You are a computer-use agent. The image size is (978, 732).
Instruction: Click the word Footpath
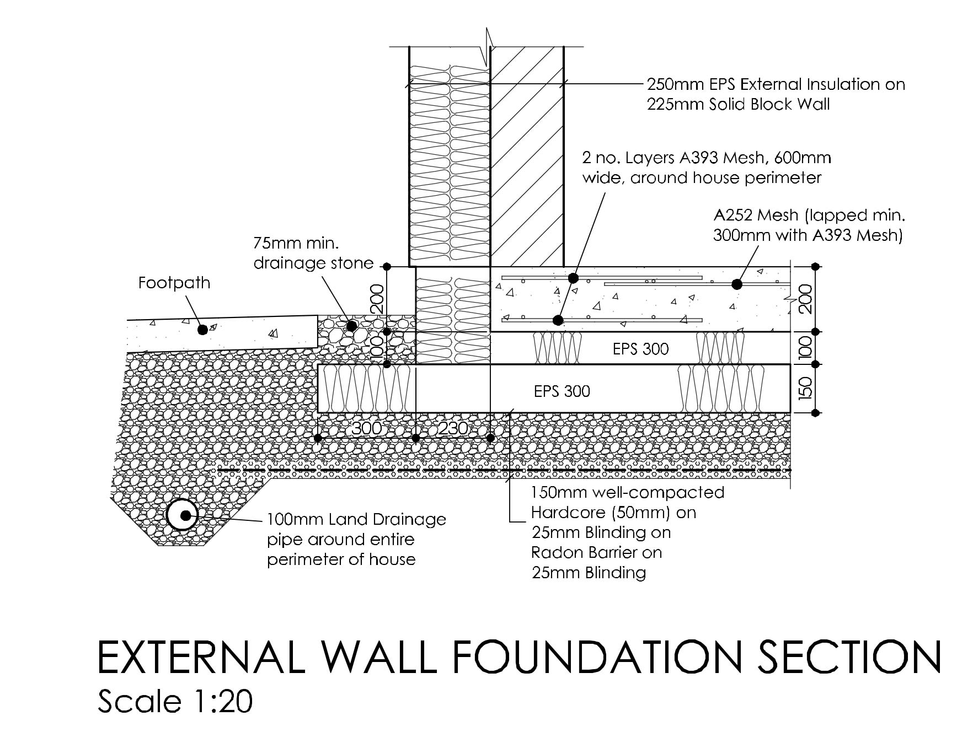tap(174, 283)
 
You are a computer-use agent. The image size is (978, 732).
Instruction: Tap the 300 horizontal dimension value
tap(366, 428)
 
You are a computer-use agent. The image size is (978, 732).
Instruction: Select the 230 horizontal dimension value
tap(453, 428)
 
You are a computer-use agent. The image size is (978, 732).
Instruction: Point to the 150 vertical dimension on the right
tap(805, 389)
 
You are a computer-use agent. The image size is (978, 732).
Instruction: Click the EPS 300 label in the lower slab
tap(562, 391)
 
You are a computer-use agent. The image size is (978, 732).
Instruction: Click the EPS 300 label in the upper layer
tap(640, 349)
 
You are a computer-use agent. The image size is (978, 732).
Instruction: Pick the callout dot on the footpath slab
tap(202, 330)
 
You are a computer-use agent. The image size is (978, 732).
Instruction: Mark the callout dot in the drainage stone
tap(351, 326)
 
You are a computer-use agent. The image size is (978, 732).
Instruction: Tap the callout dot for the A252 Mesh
tap(736, 284)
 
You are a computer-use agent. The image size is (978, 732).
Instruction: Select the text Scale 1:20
tap(175, 702)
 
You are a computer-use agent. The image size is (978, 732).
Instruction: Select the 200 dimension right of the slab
tap(805, 299)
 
